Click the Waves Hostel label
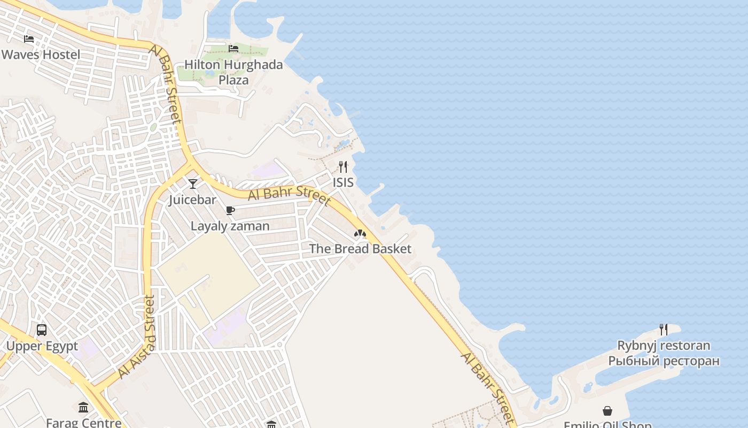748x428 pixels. pos(41,55)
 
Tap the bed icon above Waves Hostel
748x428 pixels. pos(29,39)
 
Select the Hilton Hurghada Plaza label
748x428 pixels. pos(233,72)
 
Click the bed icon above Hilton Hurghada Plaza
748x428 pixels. pos(233,49)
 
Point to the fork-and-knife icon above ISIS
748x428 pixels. pos(343,167)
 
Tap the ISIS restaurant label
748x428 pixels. pos(343,182)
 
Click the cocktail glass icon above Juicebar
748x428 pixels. pos(193,184)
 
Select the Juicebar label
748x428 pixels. pos(193,200)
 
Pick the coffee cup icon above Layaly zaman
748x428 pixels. pos(230,210)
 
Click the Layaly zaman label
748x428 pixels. pos(230,226)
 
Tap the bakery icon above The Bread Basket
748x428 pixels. pos(360,233)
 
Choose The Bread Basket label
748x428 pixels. pos(360,249)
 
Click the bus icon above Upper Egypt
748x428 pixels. pos(42,330)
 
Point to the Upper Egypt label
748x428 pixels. pos(42,346)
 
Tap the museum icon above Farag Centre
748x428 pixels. pos(83,408)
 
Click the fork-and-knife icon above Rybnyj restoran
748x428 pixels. pos(664,330)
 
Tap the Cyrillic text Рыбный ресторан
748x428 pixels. pos(664,361)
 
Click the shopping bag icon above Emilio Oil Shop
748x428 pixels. pos(607,411)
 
